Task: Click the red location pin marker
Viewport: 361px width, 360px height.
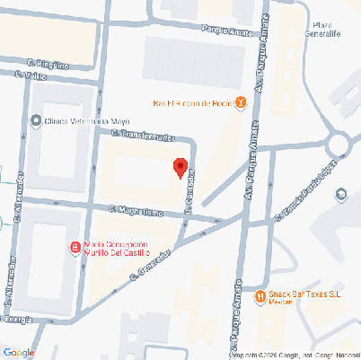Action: (180, 166)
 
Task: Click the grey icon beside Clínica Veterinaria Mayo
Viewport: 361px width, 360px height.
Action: (36, 120)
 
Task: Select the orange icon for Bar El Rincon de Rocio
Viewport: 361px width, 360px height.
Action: (240, 103)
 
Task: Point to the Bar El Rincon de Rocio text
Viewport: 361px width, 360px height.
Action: (193, 103)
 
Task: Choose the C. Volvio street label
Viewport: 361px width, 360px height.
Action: (32, 77)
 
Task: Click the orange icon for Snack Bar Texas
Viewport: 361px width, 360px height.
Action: (260, 295)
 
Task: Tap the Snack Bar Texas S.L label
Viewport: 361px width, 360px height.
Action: (304, 294)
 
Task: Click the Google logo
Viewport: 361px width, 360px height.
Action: (18, 352)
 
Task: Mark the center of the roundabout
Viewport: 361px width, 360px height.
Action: (341, 142)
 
